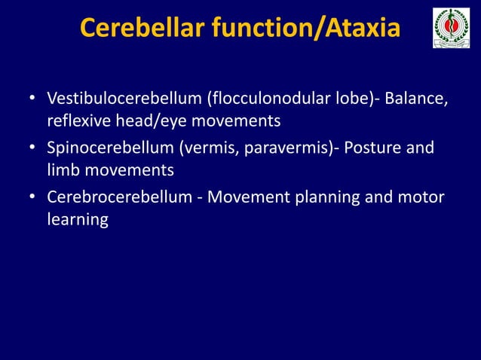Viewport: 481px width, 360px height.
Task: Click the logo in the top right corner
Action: tap(451, 29)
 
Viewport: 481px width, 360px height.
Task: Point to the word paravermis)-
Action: tap(290, 148)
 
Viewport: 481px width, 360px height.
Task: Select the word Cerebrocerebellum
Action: tap(120, 197)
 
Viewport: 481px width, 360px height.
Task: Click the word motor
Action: tap(422, 197)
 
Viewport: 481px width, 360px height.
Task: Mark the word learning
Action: tap(77, 219)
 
